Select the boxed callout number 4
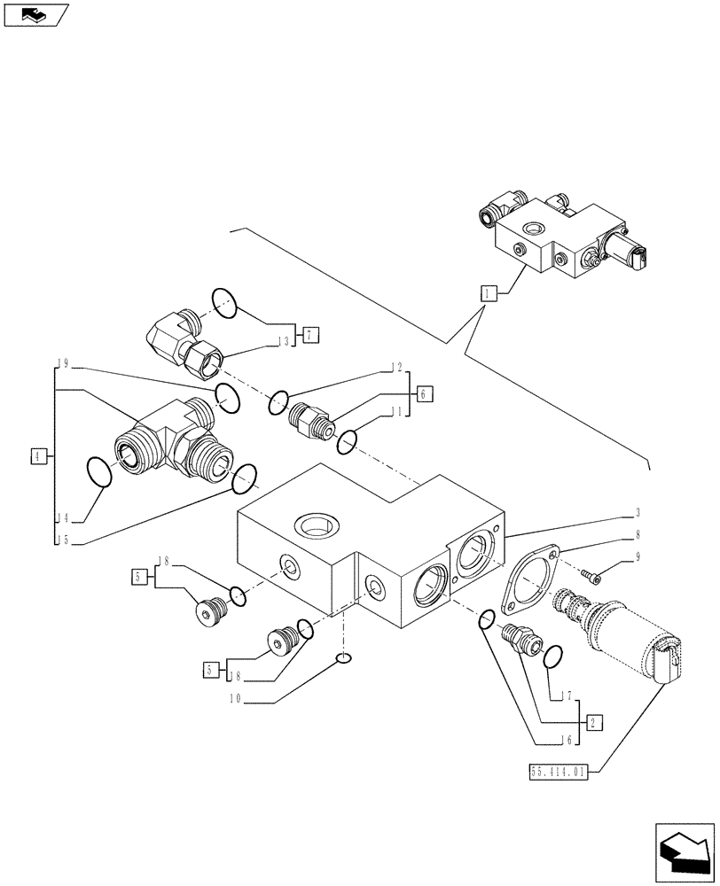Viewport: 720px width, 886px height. tap(37, 456)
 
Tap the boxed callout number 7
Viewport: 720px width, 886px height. tap(309, 335)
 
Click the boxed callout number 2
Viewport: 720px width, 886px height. tap(593, 722)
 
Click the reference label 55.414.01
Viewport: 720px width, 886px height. tap(558, 772)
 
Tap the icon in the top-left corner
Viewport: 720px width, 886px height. tap(36, 14)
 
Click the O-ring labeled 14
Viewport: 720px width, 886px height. tap(98, 471)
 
